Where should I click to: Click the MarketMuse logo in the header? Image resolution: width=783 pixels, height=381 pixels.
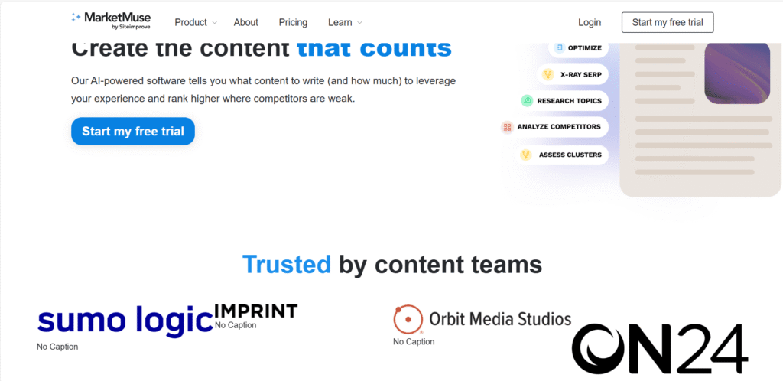[112, 21]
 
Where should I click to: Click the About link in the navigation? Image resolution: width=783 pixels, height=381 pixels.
[245, 23]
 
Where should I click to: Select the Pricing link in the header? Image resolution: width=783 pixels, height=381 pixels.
[293, 23]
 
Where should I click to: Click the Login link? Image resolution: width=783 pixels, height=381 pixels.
[590, 23]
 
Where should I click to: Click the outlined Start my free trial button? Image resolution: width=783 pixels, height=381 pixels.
[667, 23]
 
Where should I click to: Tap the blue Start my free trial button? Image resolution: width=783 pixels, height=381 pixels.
[133, 132]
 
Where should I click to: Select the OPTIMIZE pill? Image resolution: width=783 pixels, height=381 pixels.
[579, 48]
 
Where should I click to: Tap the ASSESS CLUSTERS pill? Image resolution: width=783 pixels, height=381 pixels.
[562, 155]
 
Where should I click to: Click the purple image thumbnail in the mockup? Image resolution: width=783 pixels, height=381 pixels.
[736, 72]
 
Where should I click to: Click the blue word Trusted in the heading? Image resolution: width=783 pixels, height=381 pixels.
[286, 265]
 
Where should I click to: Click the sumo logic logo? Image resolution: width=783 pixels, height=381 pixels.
[125, 320]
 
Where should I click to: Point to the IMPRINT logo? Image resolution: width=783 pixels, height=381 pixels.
[255, 311]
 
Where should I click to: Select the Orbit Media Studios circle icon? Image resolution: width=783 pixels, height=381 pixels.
[408, 319]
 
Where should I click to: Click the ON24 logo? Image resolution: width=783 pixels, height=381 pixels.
[660, 348]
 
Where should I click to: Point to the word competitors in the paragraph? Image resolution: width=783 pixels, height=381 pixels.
[310, 99]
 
